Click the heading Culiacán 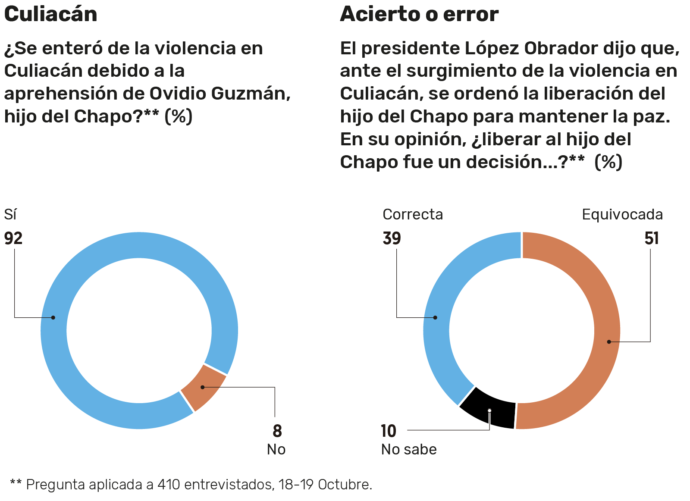pyautogui.click(x=50, y=14)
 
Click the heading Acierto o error pyautogui.click(x=419, y=14)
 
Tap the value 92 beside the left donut pyautogui.click(x=13, y=238)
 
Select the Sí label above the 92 pyautogui.click(x=10, y=214)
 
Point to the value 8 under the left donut pyautogui.click(x=277, y=431)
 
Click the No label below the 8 pyautogui.click(x=276, y=449)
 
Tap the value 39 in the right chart pyautogui.click(x=392, y=238)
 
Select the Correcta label pyautogui.click(x=413, y=214)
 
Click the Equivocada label pyautogui.click(x=622, y=214)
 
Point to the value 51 pyautogui.click(x=652, y=238)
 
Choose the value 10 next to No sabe pyautogui.click(x=388, y=431)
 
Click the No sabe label pyautogui.click(x=409, y=449)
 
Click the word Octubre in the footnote pyautogui.click(x=345, y=485)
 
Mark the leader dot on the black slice pyautogui.click(x=489, y=410)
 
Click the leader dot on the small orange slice pyautogui.click(x=203, y=387)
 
